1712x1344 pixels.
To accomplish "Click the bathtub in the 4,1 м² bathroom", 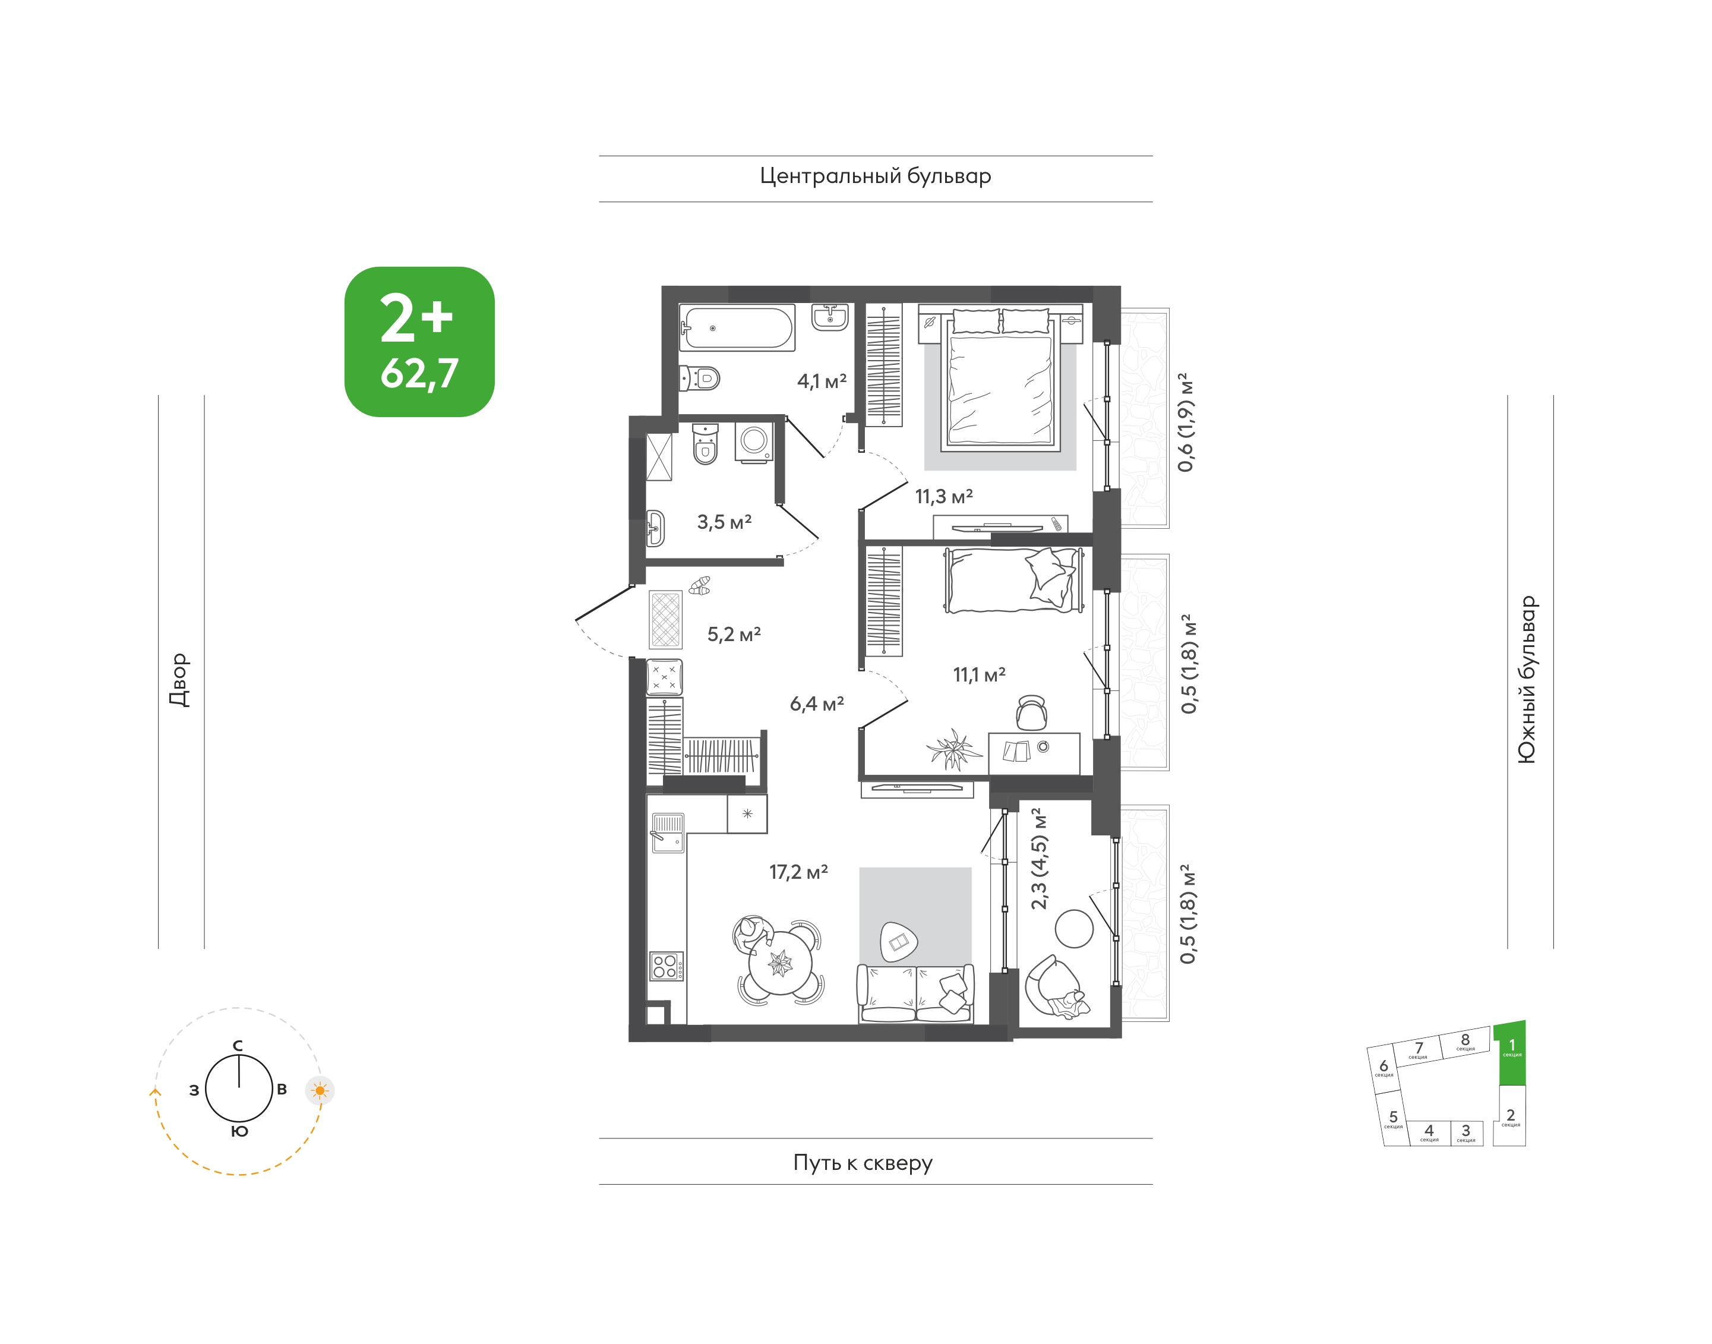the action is [x=737, y=327].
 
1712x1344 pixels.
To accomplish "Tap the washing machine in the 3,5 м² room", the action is [x=754, y=442].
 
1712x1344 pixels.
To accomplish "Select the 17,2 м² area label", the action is [x=798, y=872].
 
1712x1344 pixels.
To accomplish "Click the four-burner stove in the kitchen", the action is [x=665, y=966].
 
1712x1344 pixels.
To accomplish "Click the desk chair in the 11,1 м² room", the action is [x=1031, y=712].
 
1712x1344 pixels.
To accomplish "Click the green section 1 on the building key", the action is [x=1511, y=1053].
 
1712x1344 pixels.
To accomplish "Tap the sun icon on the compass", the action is [x=320, y=1091].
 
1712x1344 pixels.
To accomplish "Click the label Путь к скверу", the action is [x=863, y=1163].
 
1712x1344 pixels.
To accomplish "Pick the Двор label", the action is [x=180, y=680].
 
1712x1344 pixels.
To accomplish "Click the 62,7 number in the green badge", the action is [x=419, y=374].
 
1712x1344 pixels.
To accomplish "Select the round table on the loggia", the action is [x=1074, y=929].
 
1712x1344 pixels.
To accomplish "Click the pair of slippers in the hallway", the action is [x=699, y=585].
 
